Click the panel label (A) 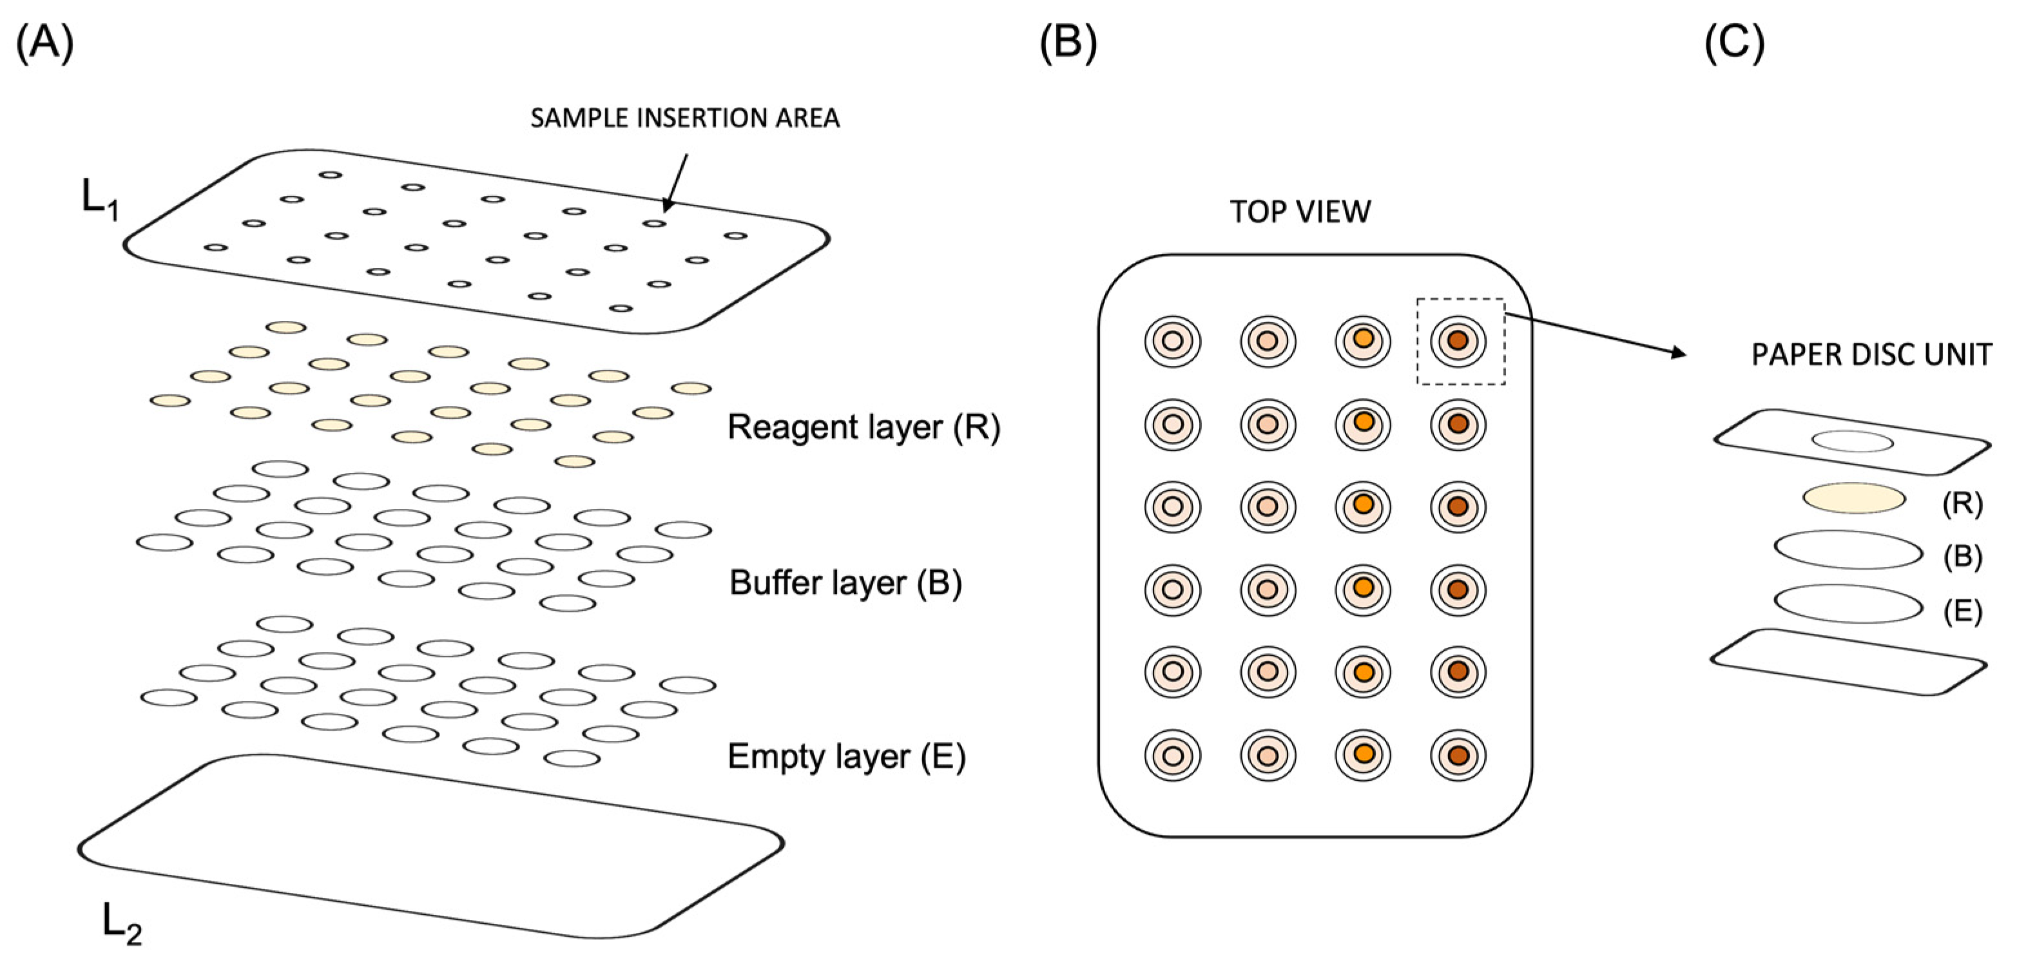pos(44,43)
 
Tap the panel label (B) pos(1067,43)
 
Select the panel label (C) pos(1734,43)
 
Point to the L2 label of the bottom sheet pos(121,924)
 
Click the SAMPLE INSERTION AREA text pos(684,119)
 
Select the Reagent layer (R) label pos(864,428)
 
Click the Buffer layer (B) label pos(845,583)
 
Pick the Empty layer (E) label pos(846,757)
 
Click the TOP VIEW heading pos(1300,211)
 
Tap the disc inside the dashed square pos(1457,341)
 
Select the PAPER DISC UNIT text pos(1871,356)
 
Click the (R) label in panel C pos(1962,503)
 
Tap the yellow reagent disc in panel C pos(1854,498)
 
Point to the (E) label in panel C pos(1962,611)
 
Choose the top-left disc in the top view pos(1172,341)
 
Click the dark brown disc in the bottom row pos(1457,755)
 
